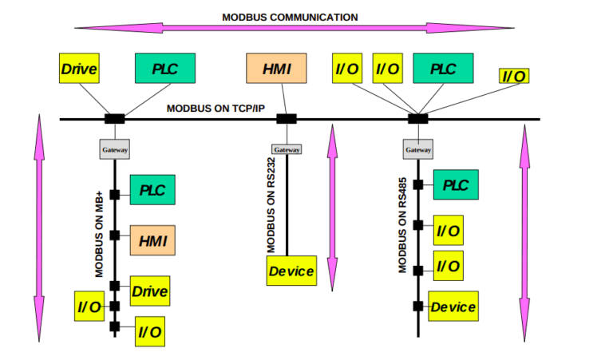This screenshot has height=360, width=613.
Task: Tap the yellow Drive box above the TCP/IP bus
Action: point(79,69)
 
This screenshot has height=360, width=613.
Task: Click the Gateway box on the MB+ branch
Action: point(114,149)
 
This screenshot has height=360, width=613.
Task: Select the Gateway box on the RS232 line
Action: point(287,149)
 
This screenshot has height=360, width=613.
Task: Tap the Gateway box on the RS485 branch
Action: point(417,149)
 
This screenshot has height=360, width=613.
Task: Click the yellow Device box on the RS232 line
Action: point(291,271)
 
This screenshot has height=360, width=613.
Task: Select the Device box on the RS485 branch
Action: point(453,307)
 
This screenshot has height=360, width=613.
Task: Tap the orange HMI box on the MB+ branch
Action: point(152,239)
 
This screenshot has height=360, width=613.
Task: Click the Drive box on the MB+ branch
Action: point(149,291)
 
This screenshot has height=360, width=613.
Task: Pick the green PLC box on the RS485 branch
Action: point(456,184)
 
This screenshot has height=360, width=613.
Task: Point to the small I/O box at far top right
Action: point(514,76)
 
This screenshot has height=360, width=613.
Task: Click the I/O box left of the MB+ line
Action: point(89,306)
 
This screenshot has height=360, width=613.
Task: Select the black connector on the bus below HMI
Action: point(287,119)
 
